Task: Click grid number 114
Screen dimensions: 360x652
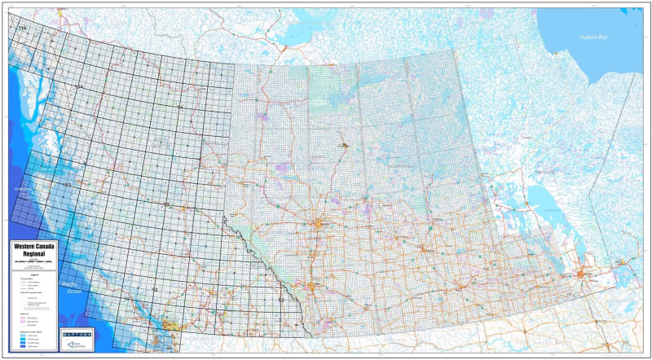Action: point(22,29)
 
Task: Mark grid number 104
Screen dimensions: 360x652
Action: point(78,86)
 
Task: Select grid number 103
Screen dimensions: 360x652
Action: point(67,186)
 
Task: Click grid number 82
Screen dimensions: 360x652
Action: point(281,301)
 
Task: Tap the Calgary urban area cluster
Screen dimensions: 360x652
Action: point(312,286)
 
